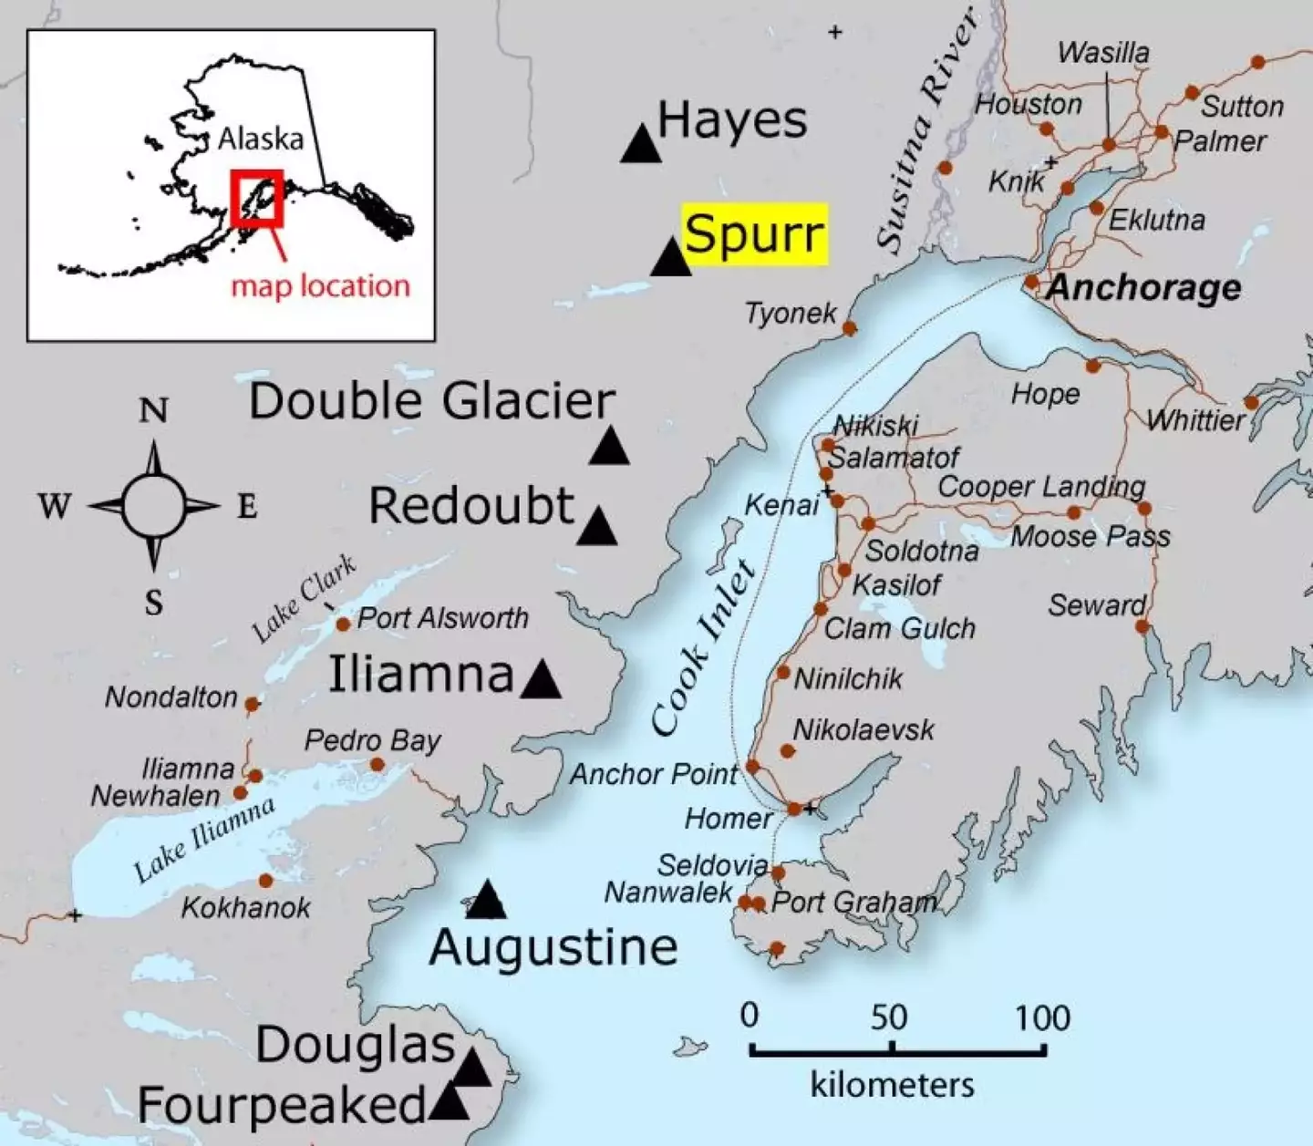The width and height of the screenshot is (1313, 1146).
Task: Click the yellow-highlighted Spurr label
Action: point(755,234)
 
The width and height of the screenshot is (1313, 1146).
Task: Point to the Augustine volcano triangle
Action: point(486,902)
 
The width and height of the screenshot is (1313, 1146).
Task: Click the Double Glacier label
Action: point(432,401)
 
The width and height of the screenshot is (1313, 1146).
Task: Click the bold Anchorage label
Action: point(1144,287)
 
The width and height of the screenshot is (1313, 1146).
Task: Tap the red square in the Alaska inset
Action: point(256,198)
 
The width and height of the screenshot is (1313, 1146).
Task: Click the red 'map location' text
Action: point(320,286)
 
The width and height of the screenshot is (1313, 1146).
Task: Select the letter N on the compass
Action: point(153,411)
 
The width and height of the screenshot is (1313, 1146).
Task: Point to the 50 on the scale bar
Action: point(888,1017)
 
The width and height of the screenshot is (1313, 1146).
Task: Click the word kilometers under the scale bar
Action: point(892,1085)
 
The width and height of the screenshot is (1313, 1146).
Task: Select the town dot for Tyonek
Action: point(849,328)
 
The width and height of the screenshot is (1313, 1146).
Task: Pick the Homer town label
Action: point(729,819)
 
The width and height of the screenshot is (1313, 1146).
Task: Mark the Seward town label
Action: point(1096,605)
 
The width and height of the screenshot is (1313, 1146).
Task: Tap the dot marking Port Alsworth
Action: point(343,625)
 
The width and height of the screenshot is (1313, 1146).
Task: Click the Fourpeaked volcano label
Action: point(281,1106)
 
